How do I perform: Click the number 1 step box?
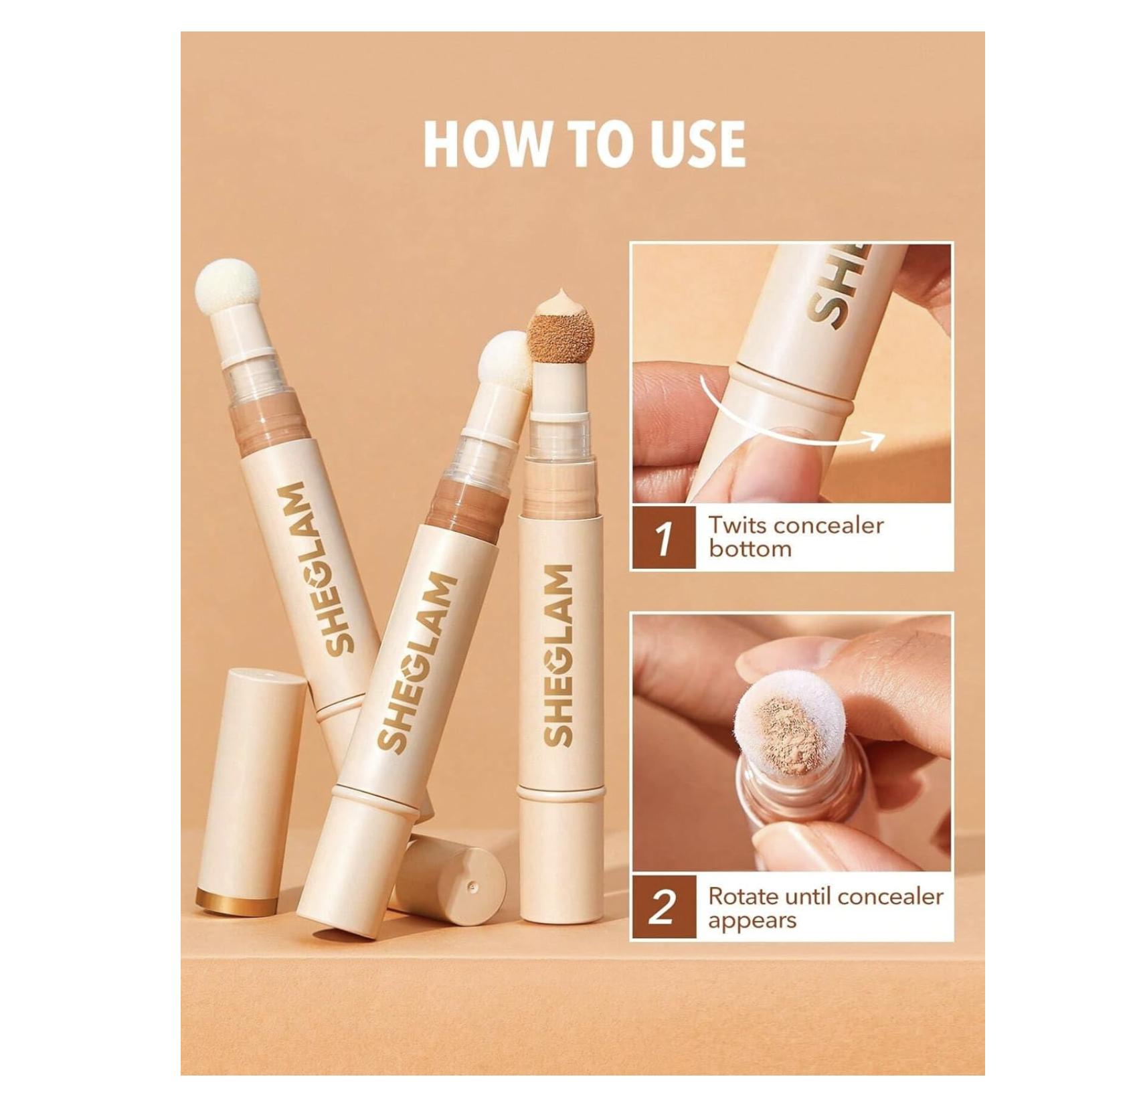[663, 537]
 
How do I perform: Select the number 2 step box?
[663, 908]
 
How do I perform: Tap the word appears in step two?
[752, 921]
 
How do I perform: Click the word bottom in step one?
[750, 549]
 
